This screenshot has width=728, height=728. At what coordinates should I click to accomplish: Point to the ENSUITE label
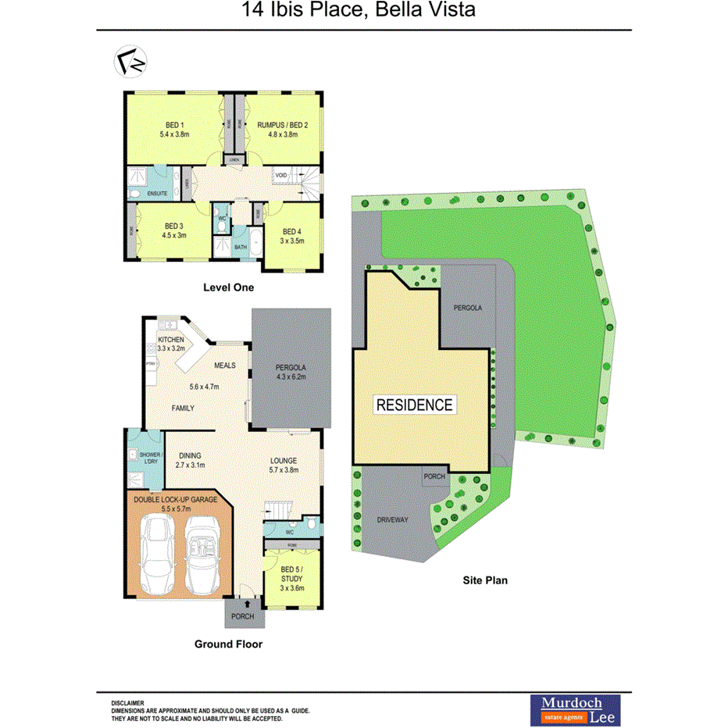pyautogui.click(x=157, y=193)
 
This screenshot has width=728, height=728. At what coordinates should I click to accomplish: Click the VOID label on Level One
pyautogui.click(x=280, y=176)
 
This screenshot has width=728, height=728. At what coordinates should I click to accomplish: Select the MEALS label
pyautogui.click(x=225, y=366)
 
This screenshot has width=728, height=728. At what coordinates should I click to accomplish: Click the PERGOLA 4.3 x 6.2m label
pyautogui.click(x=291, y=372)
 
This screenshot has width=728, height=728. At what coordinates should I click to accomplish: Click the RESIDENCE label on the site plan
pyautogui.click(x=414, y=405)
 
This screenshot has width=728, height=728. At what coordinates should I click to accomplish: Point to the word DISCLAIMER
pyautogui.click(x=127, y=703)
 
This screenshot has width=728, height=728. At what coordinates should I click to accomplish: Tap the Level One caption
pyautogui.click(x=228, y=287)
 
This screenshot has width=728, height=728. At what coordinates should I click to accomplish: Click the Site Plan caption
pyautogui.click(x=484, y=580)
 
